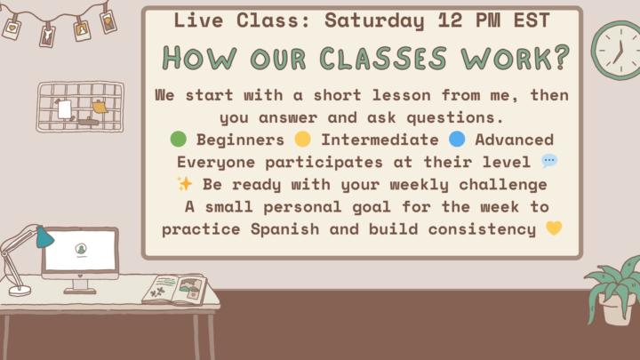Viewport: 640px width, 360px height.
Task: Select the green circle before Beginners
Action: tap(178, 140)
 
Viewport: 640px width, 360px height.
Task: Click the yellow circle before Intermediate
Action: tap(302, 140)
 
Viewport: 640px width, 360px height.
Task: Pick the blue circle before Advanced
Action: tap(457, 140)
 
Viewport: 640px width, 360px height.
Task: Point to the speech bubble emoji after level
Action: tap(549, 162)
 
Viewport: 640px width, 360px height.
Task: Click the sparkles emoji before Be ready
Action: tap(185, 184)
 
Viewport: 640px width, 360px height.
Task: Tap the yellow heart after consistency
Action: tap(554, 229)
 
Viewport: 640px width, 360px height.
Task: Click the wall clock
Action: tap(615, 50)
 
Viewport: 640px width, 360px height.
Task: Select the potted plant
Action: tap(616, 289)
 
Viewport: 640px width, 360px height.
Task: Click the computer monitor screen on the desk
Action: tap(81, 251)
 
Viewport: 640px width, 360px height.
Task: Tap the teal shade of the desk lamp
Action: tap(44, 236)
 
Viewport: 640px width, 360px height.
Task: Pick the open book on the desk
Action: tap(175, 289)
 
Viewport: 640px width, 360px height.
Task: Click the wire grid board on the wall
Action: tap(79, 107)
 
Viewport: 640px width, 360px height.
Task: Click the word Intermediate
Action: tap(380, 140)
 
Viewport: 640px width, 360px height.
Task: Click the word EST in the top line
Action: tap(528, 20)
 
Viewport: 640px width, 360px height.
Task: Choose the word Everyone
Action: tap(214, 162)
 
